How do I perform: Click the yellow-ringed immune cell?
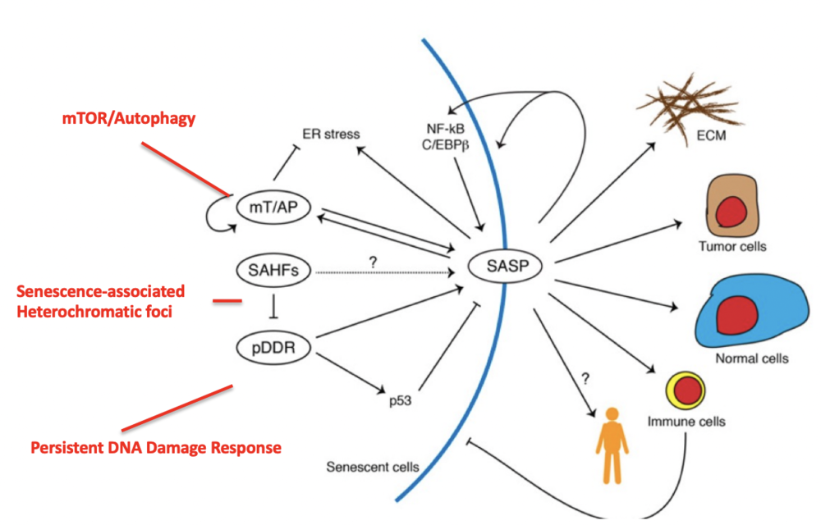(x=686, y=391)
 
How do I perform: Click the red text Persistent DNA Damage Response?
(x=156, y=448)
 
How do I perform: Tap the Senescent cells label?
(x=372, y=468)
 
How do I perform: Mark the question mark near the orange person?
(x=585, y=379)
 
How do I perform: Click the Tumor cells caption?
(x=727, y=246)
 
